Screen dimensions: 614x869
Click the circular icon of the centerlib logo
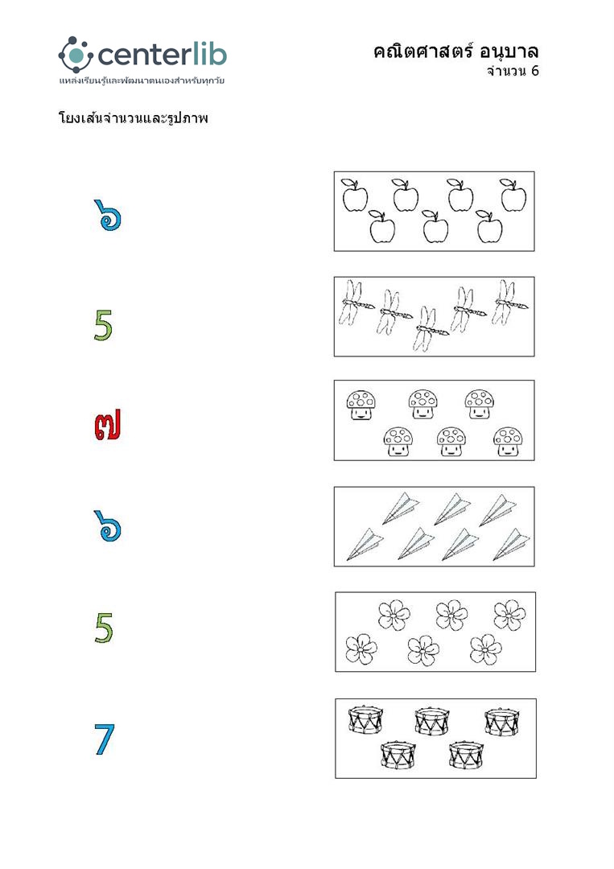(76, 55)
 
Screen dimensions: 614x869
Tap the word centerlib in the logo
(162, 55)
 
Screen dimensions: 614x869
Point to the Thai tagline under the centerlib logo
(142, 81)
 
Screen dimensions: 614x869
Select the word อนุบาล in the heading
(509, 52)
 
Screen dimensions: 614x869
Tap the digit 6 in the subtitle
(534, 71)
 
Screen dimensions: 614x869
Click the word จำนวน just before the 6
(506, 71)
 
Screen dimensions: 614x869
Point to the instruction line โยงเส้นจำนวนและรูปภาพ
(133, 118)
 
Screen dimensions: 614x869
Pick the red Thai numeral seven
(107, 425)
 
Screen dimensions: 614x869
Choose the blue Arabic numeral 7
(104, 739)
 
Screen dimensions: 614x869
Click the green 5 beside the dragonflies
(103, 325)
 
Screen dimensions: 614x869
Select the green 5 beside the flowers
(104, 628)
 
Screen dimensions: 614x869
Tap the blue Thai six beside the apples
(108, 215)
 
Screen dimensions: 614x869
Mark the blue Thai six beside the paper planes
(108, 526)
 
